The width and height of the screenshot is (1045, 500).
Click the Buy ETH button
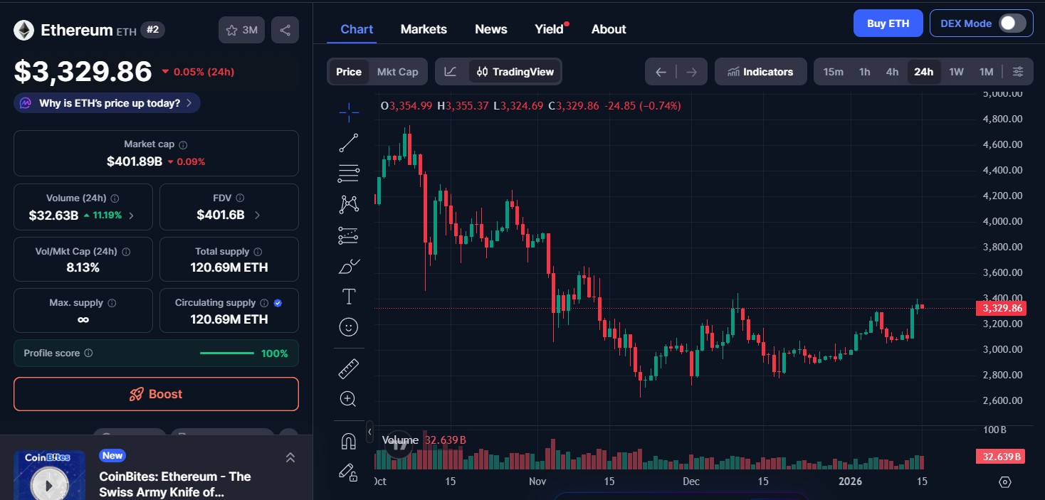pos(888,23)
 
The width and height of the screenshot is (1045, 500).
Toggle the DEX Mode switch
pos(1012,23)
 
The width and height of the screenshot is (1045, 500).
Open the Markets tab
pos(424,29)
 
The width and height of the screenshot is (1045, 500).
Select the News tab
pos(490,29)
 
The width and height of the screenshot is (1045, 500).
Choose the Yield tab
pos(550,29)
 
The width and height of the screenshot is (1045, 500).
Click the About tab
pos(609,29)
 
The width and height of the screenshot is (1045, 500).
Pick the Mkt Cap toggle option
pos(397,72)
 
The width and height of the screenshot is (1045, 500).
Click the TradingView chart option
pos(515,72)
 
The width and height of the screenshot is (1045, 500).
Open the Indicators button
pos(760,72)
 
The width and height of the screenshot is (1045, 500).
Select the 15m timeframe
pos(833,72)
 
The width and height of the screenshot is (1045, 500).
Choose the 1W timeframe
pos(956,72)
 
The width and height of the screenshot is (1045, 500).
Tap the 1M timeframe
pos(986,72)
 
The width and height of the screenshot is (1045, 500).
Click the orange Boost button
pos(156,394)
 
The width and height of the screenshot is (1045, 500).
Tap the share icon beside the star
pos(285,30)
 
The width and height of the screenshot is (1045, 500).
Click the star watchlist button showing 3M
pos(241,30)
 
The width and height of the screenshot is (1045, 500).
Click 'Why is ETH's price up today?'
pos(107,103)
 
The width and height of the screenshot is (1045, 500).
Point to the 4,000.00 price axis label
pos(1002,221)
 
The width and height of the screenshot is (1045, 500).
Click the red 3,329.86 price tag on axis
pos(1002,309)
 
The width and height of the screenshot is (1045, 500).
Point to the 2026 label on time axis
pos(850,482)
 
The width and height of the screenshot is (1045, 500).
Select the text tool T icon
pos(349,297)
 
